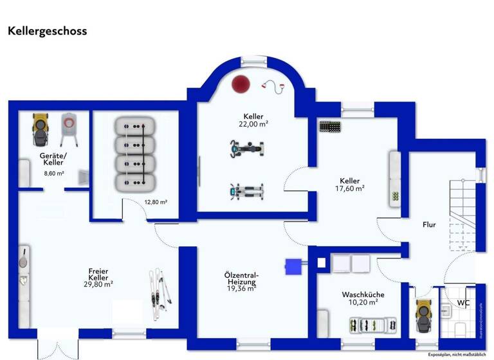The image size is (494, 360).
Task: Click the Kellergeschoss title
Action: pyautogui.click(x=47, y=31)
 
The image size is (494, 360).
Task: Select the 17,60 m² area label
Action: pyautogui.click(x=351, y=189)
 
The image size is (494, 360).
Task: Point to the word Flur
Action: pyautogui.click(x=429, y=225)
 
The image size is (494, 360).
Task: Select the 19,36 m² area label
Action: pyautogui.click(x=241, y=289)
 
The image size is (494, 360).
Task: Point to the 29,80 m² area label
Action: pyautogui.click(x=98, y=283)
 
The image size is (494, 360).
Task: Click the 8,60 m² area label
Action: pyautogui.click(x=53, y=174)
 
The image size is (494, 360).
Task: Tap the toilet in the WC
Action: pyautogui.click(x=461, y=329)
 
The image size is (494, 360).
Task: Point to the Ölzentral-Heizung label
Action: pyautogui.click(x=242, y=278)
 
